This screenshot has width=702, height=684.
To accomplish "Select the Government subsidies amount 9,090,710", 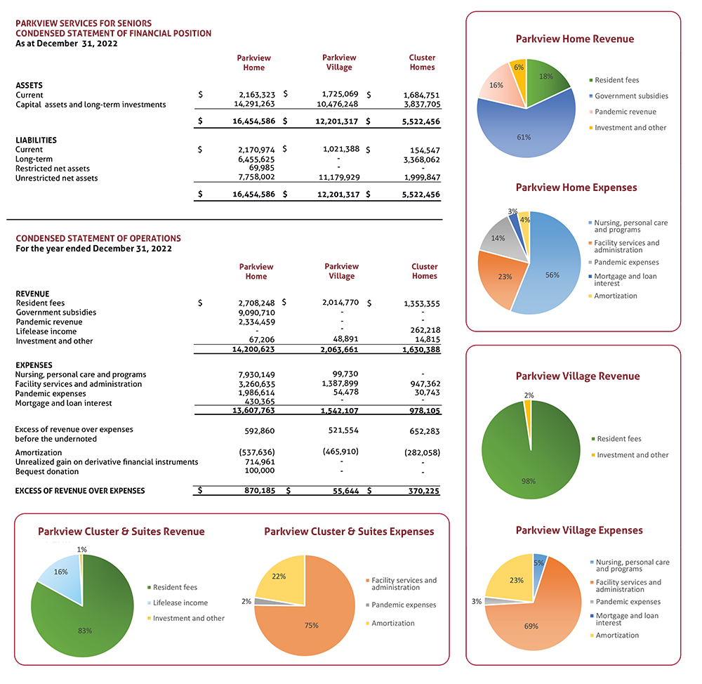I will tap(256, 313).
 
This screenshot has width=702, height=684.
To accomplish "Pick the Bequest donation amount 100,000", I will tap(260, 471).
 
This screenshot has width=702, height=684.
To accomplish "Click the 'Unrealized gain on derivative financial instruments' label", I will tap(106, 462).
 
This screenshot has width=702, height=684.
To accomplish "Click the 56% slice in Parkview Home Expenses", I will tap(555, 267).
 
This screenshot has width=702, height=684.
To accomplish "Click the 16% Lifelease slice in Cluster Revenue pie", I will tap(60, 576).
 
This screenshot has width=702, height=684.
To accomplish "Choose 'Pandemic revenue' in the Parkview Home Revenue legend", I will tap(625, 112).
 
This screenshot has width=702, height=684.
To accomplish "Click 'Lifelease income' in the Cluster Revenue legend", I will tap(180, 603).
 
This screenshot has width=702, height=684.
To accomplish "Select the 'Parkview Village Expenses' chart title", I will tap(578, 530).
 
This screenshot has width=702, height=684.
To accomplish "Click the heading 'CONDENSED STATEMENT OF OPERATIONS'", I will tap(98, 239).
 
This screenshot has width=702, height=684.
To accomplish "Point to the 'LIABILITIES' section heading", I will tap(36, 140).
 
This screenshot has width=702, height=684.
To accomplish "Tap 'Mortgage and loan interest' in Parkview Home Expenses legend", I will tap(625, 279).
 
